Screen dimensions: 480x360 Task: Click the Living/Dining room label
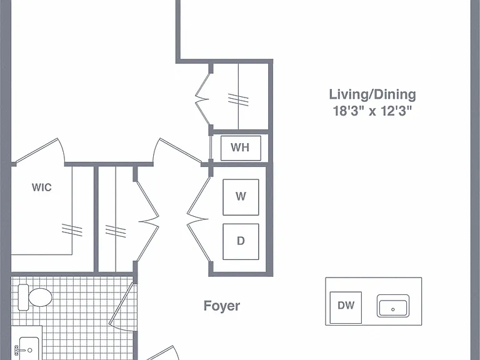click(x=372, y=95)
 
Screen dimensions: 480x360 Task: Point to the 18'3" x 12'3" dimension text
click(x=372, y=111)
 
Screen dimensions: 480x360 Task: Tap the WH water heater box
click(x=241, y=148)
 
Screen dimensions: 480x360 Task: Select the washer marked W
click(x=241, y=197)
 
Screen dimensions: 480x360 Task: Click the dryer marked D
click(x=241, y=241)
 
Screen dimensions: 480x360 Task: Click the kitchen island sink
click(x=393, y=306)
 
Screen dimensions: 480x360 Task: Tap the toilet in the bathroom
click(x=35, y=297)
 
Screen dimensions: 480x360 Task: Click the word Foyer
click(x=222, y=306)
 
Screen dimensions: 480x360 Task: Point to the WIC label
click(x=42, y=187)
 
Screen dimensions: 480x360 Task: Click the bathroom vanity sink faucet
click(x=18, y=349)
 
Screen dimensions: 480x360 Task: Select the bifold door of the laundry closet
click(x=197, y=219)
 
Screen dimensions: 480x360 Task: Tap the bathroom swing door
click(x=122, y=306)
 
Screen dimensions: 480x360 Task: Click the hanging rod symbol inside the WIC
click(x=72, y=229)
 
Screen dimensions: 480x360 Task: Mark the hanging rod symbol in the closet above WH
click(x=238, y=99)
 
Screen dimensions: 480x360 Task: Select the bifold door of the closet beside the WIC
click(x=148, y=221)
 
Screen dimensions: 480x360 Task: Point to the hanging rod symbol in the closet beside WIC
click(x=116, y=231)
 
